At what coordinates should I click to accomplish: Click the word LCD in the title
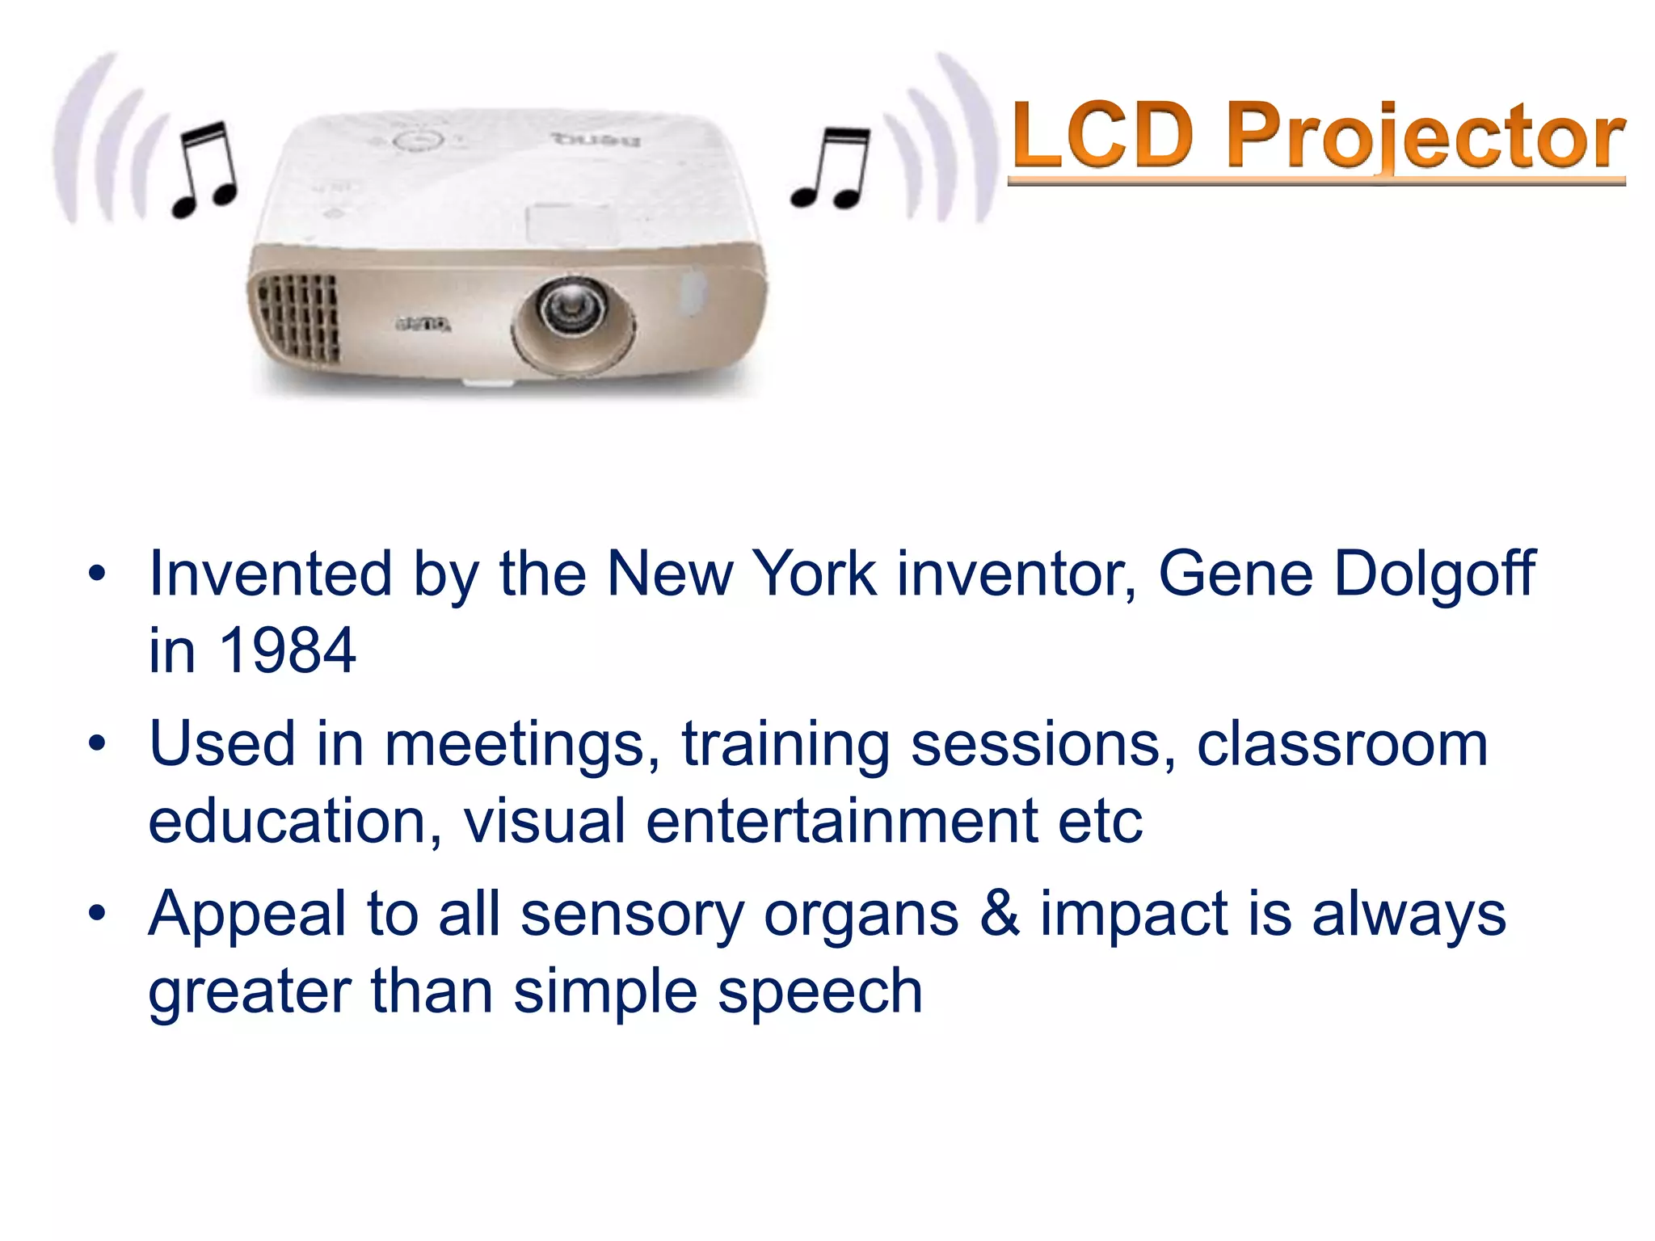coord(1104,135)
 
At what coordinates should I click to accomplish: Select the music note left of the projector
coord(204,170)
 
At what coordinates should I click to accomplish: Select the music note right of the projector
coord(832,169)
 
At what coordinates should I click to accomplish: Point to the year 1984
coord(288,650)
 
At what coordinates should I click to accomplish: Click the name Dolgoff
coord(1434,574)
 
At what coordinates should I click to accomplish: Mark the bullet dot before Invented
coord(98,574)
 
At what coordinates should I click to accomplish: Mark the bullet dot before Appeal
coord(98,914)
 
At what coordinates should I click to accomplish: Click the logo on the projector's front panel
coord(423,325)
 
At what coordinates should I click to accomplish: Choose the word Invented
coord(271,574)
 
